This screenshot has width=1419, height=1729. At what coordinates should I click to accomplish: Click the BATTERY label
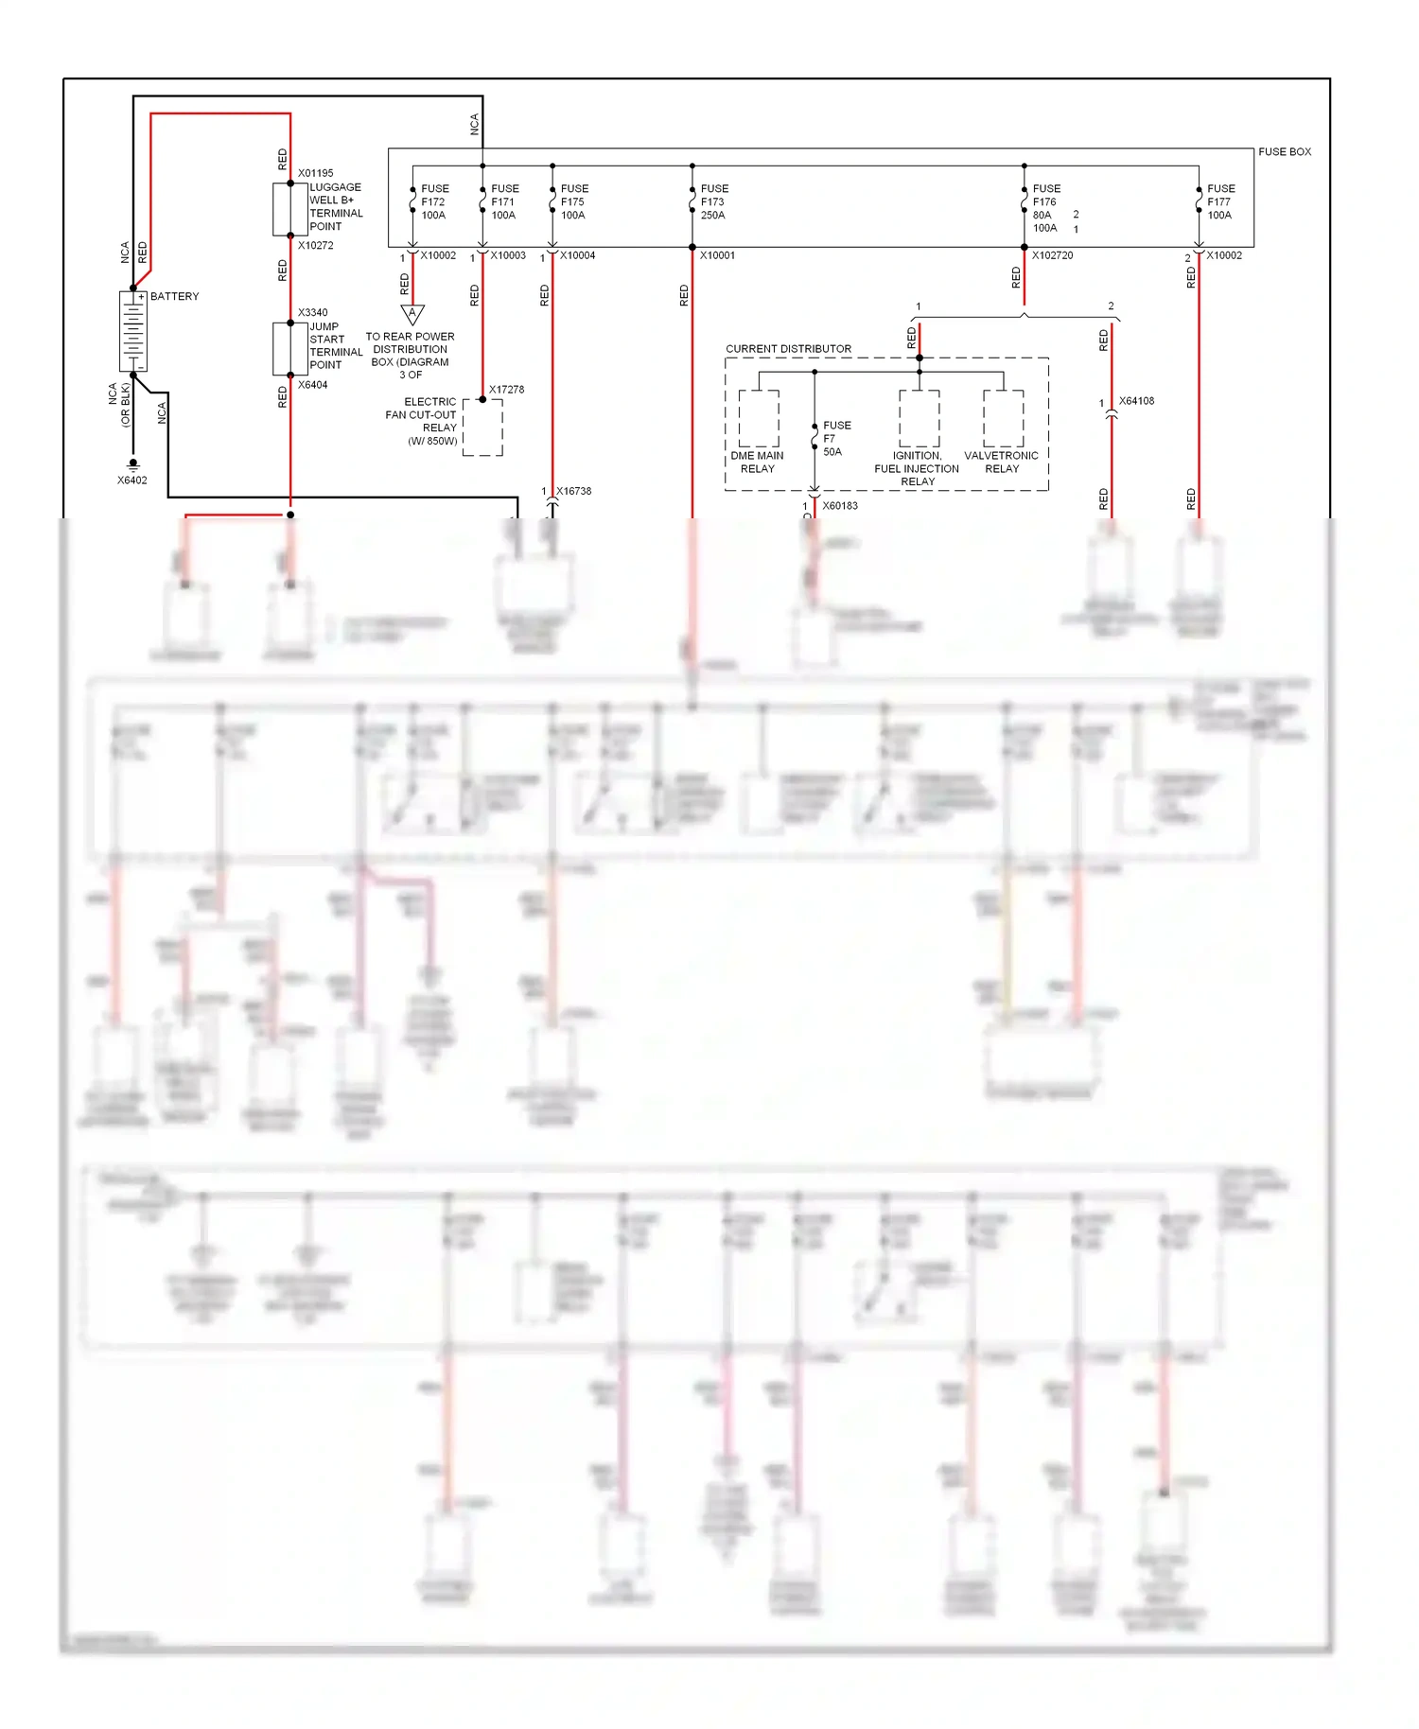tap(174, 296)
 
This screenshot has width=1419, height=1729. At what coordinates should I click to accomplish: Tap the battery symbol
tap(132, 331)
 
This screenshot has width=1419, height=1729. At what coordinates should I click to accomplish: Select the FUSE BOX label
tap(1284, 151)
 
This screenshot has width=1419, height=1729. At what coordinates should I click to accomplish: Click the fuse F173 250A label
tap(713, 201)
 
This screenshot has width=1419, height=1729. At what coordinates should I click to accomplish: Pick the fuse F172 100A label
tap(434, 201)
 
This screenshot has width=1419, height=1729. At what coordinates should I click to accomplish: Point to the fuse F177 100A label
tap(1220, 201)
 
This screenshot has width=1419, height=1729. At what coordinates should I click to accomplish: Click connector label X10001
tap(717, 255)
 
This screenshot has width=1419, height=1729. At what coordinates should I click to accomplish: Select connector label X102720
tap(1052, 255)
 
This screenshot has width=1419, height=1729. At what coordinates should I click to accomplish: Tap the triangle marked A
tap(412, 313)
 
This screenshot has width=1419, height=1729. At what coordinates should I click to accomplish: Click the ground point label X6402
tap(132, 480)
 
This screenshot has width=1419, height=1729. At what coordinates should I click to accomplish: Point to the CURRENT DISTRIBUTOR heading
tap(788, 349)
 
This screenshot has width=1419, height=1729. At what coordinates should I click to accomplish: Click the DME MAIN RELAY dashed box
tap(759, 418)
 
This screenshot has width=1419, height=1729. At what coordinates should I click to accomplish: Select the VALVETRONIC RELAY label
tap(1001, 462)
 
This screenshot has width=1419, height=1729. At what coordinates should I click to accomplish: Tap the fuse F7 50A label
tap(836, 438)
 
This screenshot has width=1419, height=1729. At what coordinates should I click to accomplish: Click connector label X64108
tap(1136, 401)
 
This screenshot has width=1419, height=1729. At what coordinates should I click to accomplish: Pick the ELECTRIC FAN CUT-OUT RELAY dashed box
tap(482, 428)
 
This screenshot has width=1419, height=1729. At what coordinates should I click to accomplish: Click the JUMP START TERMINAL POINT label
tap(335, 345)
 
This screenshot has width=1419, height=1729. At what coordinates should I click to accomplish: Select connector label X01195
tap(315, 173)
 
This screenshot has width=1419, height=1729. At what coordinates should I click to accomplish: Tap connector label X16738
tap(573, 491)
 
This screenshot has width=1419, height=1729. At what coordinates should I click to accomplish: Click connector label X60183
tap(839, 506)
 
